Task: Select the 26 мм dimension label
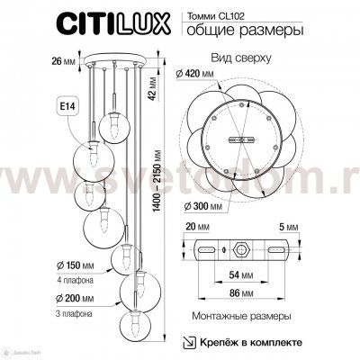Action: pos(39,62)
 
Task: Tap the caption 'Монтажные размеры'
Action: pos(241,318)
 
